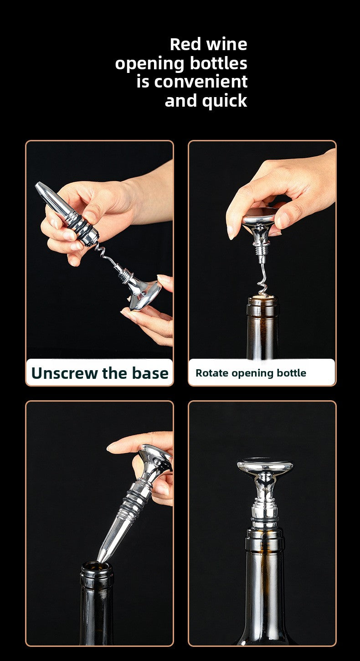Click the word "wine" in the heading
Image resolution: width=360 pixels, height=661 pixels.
[226, 44]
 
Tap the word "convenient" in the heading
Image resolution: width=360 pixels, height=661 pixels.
[201, 82]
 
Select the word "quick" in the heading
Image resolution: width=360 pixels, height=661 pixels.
[225, 101]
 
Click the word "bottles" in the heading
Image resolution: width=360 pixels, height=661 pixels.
[218, 63]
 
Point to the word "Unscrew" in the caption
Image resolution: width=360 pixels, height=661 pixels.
[65, 373]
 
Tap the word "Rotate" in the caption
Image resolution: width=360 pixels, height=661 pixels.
[212, 373]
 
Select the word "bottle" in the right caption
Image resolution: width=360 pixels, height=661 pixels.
[291, 373]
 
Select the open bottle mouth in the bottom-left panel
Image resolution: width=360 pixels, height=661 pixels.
[96, 567]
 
